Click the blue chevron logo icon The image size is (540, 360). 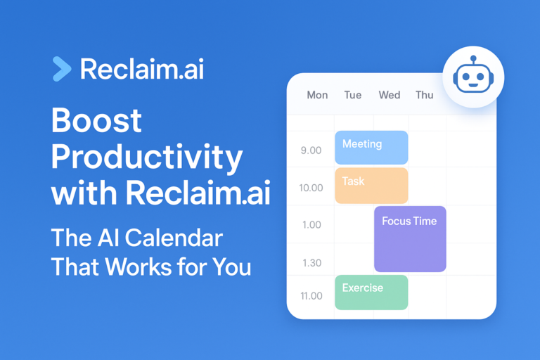coord(62,69)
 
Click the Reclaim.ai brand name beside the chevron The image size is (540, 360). coord(142,69)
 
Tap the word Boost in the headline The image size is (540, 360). coord(96,122)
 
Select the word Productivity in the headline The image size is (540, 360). coord(147,157)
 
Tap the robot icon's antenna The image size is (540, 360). coord(473,59)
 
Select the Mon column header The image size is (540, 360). coord(317,95)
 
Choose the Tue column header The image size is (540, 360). coord(352,95)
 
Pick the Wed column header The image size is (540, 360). coord(389,95)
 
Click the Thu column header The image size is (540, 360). coord(424,95)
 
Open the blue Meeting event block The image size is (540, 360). coord(371,148)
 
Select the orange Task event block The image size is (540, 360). coord(371,186)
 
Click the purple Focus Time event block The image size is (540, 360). coord(410,239)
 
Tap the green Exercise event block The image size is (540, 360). coord(371,292)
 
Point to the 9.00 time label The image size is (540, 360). coord(311,150)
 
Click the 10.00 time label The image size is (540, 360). coord(311,188)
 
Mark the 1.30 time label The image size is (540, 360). coord(311,263)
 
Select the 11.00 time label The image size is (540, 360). coord(311,296)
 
